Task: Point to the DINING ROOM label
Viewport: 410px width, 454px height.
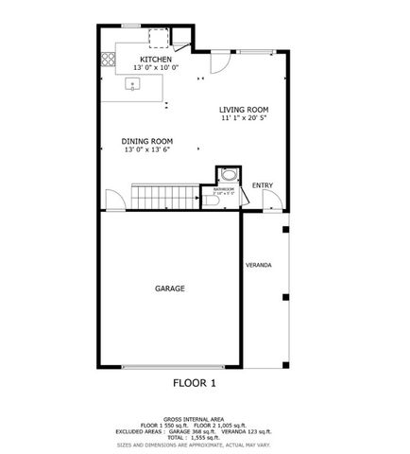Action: click(x=147, y=141)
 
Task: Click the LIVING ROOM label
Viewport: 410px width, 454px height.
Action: click(x=245, y=109)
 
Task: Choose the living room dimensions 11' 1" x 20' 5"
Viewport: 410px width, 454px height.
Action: click(x=245, y=118)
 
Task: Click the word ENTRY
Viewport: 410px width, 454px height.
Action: click(x=263, y=184)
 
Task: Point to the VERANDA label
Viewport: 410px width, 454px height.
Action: click(x=259, y=265)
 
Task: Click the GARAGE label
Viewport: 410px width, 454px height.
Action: click(x=170, y=288)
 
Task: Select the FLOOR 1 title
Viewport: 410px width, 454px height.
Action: click(x=195, y=383)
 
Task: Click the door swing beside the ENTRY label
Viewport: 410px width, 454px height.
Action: click(x=271, y=201)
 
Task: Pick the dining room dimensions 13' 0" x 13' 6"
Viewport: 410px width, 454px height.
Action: click(x=147, y=149)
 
